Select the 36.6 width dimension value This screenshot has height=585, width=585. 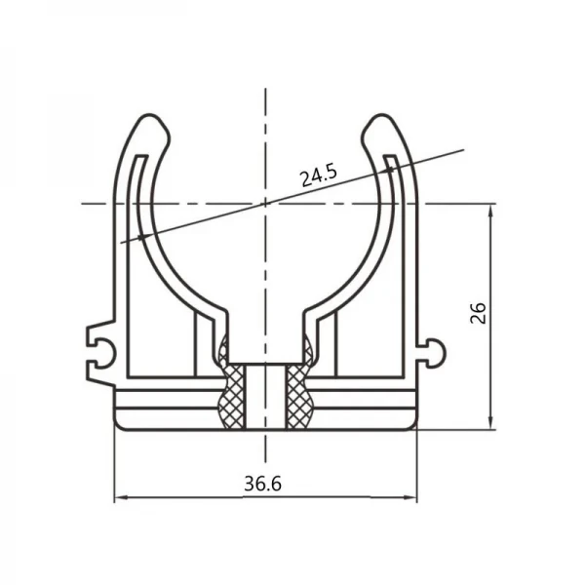coord(263,484)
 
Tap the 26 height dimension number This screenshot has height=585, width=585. coord(479,313)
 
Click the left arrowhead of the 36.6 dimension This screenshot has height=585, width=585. coord(120,497)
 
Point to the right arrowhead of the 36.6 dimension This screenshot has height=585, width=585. coord(411,497)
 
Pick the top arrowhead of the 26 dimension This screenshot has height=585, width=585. coord(491,210)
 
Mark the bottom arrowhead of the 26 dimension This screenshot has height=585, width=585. coord(491,423)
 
